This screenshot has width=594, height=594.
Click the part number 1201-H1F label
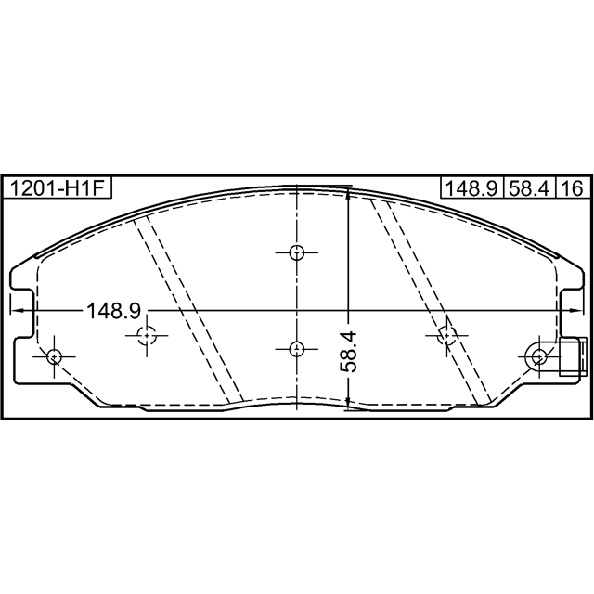[57, 188]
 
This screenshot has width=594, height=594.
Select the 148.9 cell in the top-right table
[472, 188]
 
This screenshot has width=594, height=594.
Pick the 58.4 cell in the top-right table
[529, 188]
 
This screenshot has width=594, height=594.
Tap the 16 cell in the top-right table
[574, 188]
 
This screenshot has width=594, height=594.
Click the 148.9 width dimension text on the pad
[114, 310]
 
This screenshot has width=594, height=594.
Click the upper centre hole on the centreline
[297, 252]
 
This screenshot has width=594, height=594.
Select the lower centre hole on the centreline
[297, 349]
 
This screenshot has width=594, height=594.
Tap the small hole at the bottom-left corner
[55, 356]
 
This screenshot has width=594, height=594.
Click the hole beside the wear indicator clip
[538, 356]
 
